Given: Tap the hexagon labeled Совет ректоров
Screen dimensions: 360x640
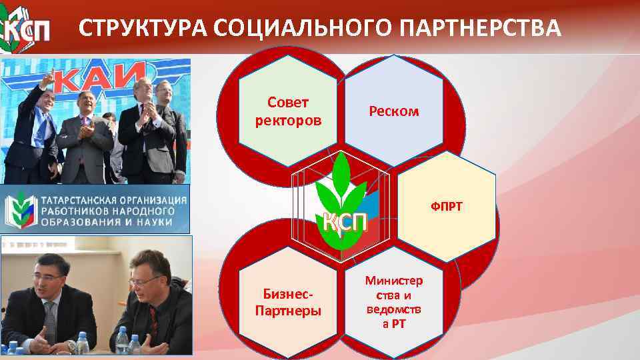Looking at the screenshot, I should [289, 111].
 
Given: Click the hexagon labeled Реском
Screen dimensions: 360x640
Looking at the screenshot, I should [394, 111].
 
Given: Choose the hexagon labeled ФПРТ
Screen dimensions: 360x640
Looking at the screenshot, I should [446, 207].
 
